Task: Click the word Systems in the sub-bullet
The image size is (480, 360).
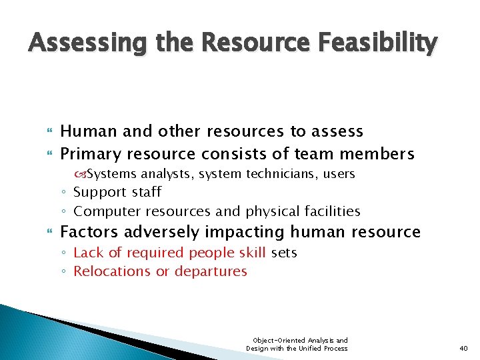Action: pyautogui.click(x=111, y=174)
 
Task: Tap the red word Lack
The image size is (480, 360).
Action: pyautogui.click(x=88, y=253)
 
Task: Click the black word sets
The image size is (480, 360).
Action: pyautogui.click(x=284, y=253)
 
